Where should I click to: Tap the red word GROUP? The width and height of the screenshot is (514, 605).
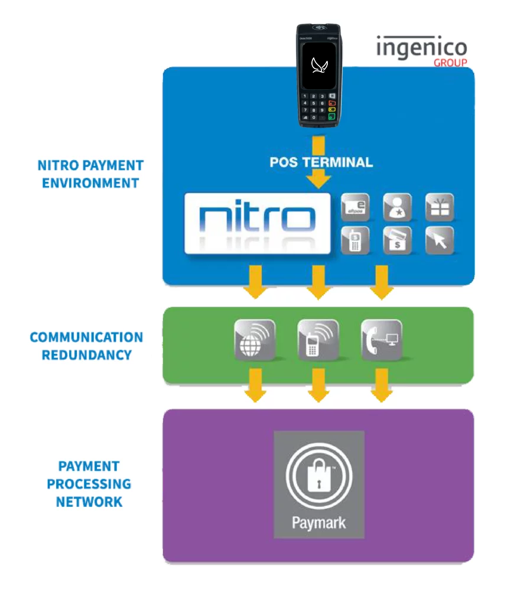click(450, 63)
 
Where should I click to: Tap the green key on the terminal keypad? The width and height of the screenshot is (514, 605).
click(332, 116)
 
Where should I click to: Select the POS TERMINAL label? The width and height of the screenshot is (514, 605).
click(321, 162)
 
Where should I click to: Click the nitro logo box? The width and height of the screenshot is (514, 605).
click(258, 223)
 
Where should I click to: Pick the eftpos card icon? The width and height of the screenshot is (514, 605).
click(355, 207)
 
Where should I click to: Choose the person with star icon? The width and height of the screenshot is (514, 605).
click(397, 207)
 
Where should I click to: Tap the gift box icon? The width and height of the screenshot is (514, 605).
click(440, 207)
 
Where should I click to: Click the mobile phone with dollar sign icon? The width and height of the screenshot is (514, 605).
click(355, 240)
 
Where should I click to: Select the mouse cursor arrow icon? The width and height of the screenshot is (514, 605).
click(440, 240)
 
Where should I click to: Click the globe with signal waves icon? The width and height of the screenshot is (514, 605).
click(255, 340)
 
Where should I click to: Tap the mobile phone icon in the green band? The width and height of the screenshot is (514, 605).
click(318, 340)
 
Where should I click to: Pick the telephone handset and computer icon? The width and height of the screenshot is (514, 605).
click(381, 340)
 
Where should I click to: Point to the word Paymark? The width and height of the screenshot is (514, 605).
click(318, 523)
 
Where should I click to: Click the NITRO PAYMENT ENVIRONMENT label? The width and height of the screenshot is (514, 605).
click(90, 174)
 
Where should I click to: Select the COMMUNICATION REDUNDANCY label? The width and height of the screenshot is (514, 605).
click(86, 346)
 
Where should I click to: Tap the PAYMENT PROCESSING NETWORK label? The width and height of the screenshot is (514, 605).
click(89, 484)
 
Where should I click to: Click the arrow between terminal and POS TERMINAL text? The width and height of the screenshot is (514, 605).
click(318, 144)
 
